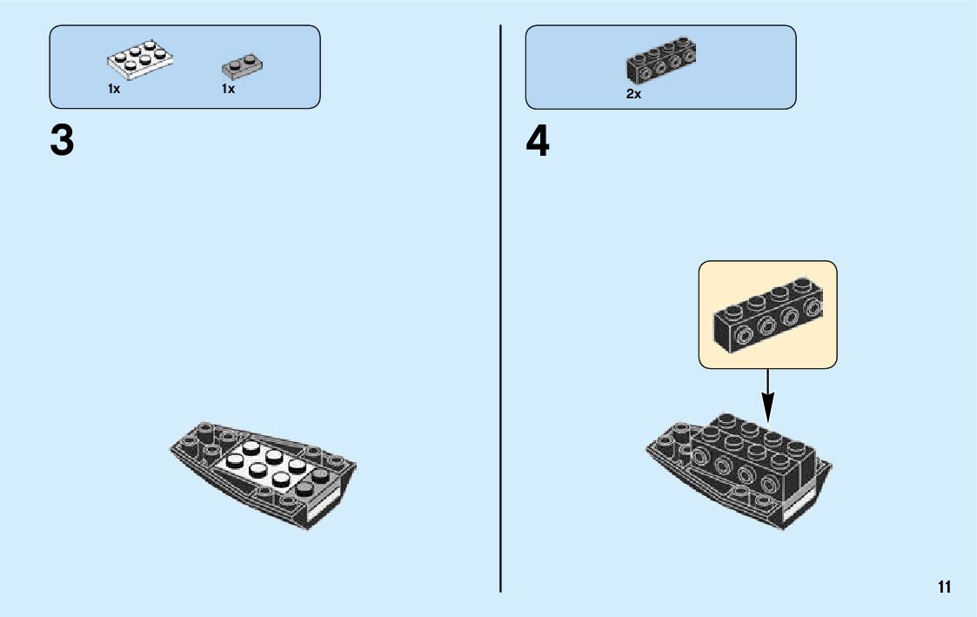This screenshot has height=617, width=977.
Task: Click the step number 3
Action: (x=62, y=141)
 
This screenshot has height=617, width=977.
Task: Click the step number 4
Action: (x=538, y=141)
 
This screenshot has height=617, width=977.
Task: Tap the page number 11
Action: (x=944, y=587)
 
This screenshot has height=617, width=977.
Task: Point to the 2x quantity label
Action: (x=633, y=94)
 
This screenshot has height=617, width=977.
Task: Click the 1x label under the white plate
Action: (x=114, y=89)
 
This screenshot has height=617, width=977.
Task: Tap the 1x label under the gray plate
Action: (x=228, y=89)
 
